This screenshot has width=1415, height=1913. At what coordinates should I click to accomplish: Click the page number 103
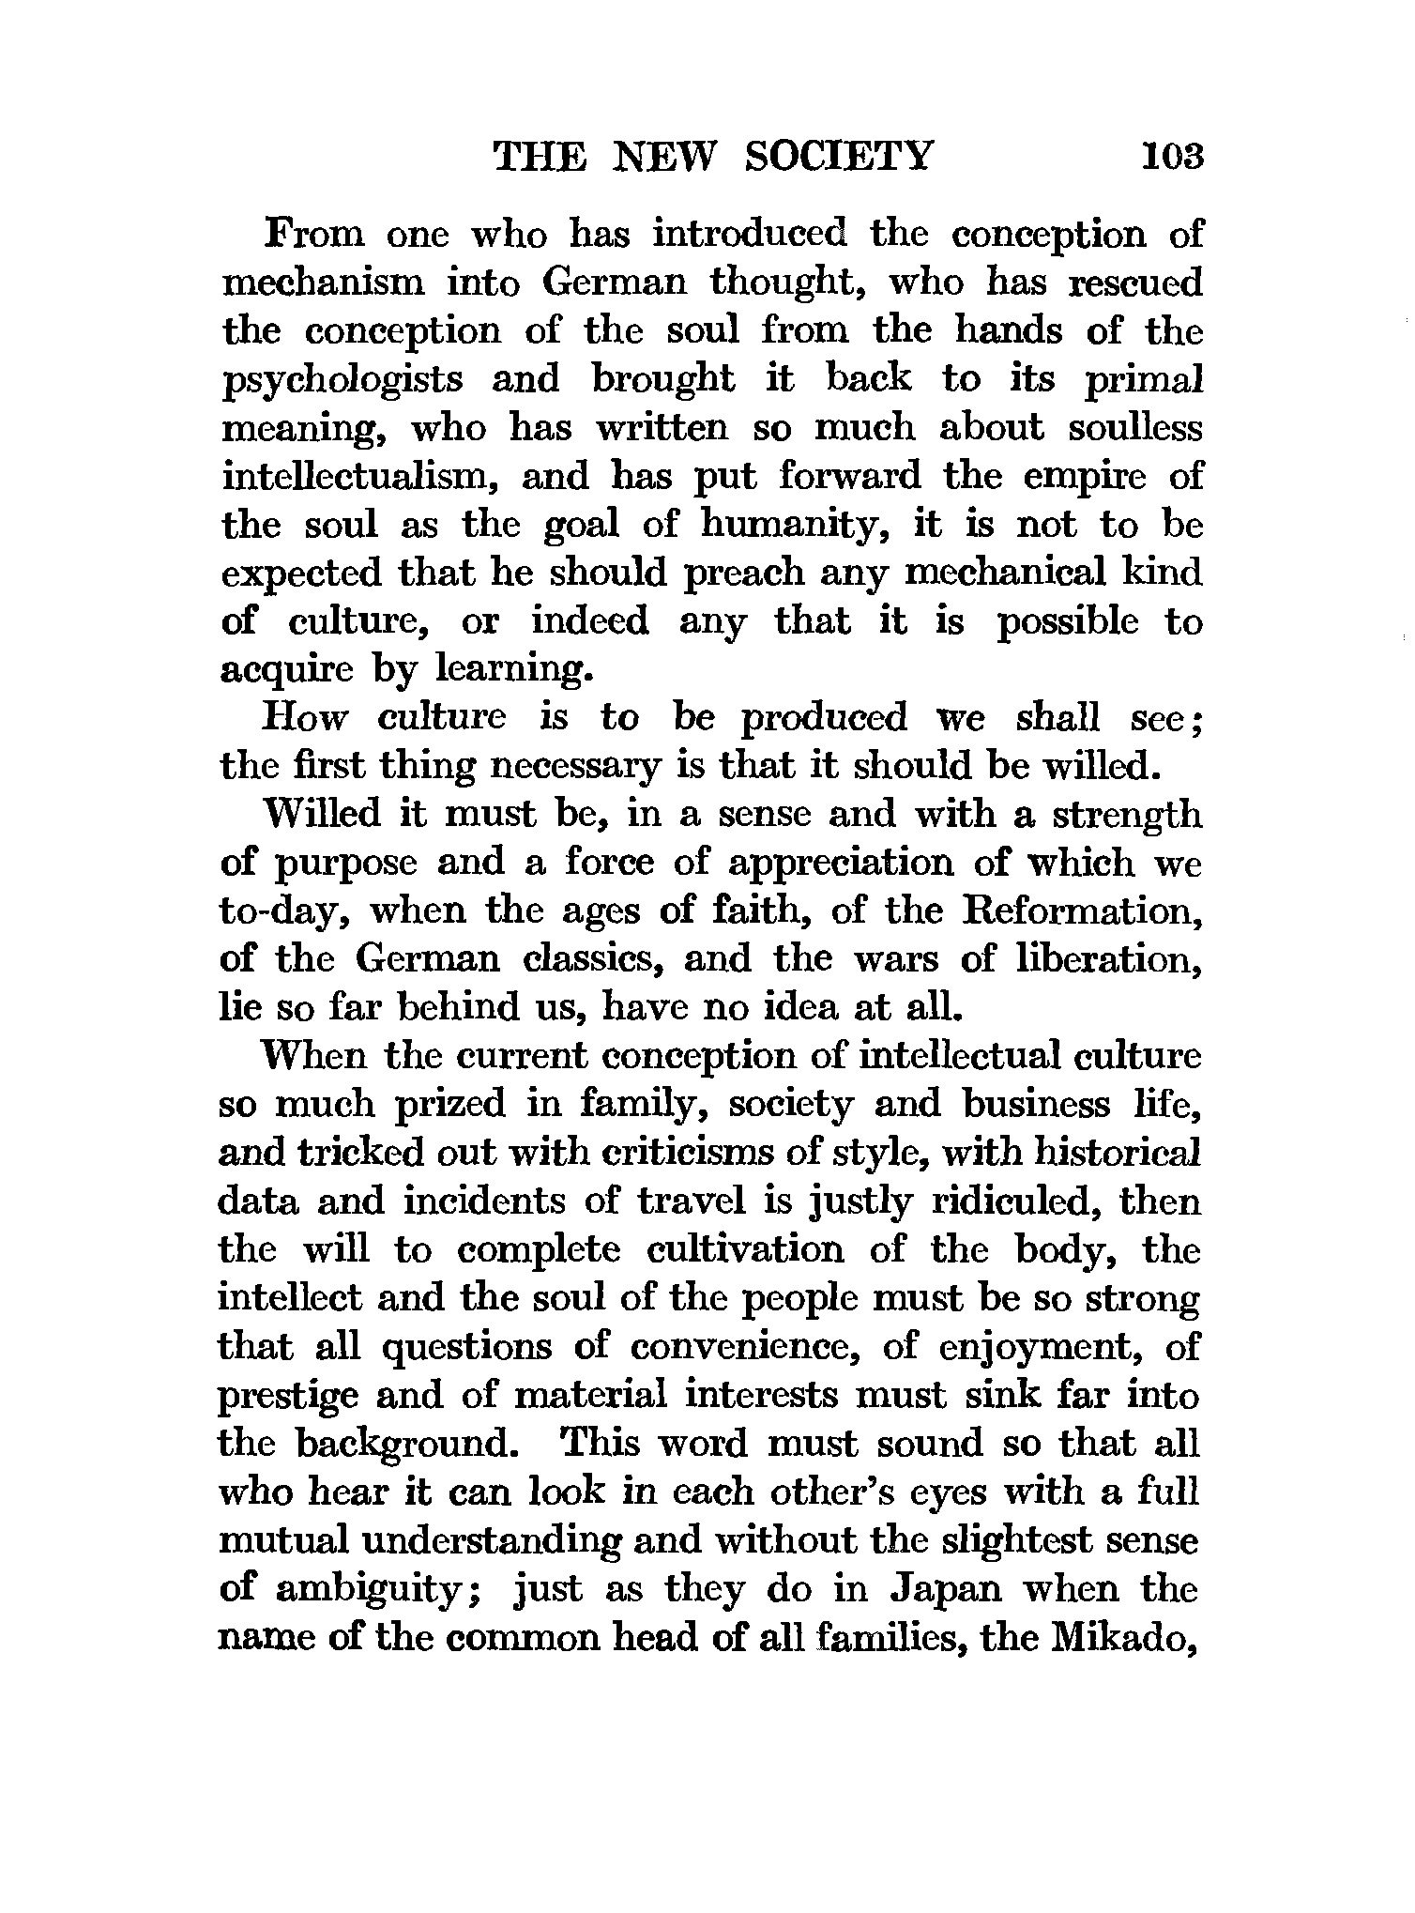(1171, 155)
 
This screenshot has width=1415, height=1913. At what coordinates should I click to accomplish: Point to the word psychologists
(342, 380)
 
